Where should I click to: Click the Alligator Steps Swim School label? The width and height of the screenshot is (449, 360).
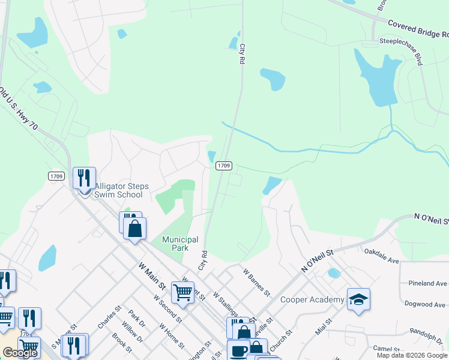(118, 190)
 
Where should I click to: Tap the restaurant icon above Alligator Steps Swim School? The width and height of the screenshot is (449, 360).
(84, 178)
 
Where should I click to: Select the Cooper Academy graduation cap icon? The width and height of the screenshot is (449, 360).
(358, 299)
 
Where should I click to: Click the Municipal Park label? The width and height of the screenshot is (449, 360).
(180, 244)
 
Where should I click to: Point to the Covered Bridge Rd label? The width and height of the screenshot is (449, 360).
(417, 31)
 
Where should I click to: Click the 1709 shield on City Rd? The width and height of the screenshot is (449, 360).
(223, 165)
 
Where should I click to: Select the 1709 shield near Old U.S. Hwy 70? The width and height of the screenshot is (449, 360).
(56, 176)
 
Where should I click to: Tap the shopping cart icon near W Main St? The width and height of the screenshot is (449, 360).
(183, 293)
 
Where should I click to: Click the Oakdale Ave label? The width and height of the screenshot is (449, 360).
(381, 256)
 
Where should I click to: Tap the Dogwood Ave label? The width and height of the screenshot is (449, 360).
(429, 304)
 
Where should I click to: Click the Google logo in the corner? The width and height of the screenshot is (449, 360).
(20, 353)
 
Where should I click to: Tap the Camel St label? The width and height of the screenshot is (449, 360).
(386, 349)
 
